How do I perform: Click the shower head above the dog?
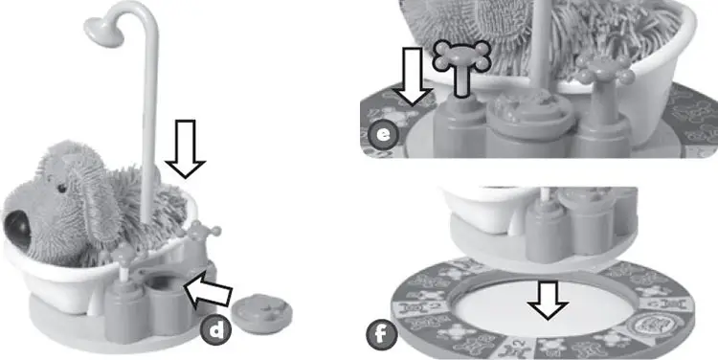coord(103,32)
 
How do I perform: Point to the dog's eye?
coord(61,189)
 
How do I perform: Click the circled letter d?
coord(215,330)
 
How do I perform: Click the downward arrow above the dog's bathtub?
coord(186,148)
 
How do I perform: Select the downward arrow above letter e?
coord(413,77)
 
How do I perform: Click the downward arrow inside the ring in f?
coord(549,300)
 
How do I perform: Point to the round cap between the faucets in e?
coord(530,110)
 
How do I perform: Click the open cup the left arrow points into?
coord(168,303)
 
